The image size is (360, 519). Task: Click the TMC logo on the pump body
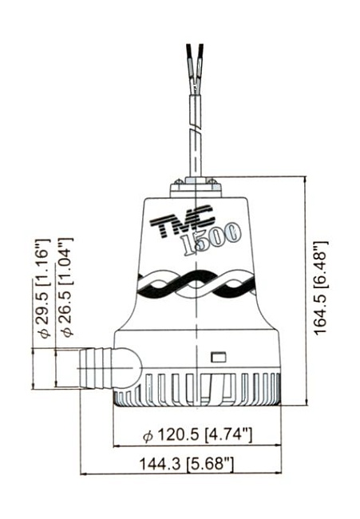(x=182, y=221)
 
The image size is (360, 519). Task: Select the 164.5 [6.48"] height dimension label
(x=320, y=288)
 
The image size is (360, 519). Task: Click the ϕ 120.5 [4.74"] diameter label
(x=197, y=434)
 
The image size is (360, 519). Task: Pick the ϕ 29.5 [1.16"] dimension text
(x=42, y=288)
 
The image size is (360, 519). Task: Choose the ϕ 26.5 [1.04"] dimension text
(x=65, y=287)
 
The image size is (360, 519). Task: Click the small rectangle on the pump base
(x=219, y=357)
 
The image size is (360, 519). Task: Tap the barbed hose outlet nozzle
(x=97, y=368)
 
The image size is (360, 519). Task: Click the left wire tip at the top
(x=190, y=50)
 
